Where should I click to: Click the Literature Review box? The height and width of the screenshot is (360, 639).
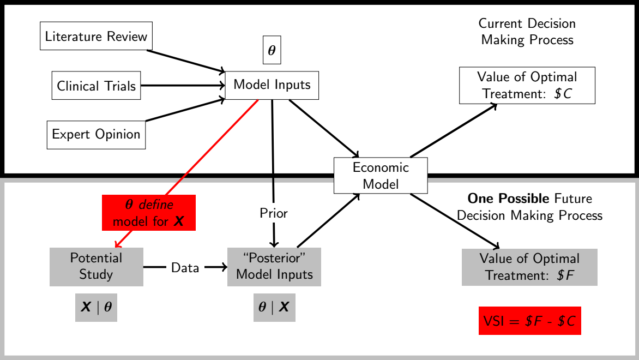[x=97, y=36]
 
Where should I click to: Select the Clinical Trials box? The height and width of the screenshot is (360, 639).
[x=97, y=85]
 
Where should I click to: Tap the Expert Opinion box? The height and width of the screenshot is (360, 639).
[x=96, y=134]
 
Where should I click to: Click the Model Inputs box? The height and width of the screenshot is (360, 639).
[x=272, y=85]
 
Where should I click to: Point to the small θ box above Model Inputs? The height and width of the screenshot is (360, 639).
[x=272, y=51]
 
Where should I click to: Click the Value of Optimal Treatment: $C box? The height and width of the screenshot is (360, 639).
[x=527, y=85]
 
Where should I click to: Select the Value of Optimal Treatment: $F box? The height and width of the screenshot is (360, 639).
[x=529, y=267]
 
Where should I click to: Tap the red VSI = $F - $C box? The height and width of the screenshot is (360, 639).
[x=529, y=321]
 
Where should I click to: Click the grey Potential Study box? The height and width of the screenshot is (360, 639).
[x=96, y=266]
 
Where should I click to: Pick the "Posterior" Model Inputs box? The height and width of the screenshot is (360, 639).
[x=274, y=266]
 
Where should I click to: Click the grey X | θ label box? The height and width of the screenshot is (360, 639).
[x=96, y=308]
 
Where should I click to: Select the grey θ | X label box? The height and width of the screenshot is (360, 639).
[x=274, y=308]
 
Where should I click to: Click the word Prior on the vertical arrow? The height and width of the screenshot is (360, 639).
[x=273, y=213]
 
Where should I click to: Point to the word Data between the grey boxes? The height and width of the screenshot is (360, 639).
[x=185, y=267]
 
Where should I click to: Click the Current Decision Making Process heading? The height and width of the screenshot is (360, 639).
[x=527, y=32]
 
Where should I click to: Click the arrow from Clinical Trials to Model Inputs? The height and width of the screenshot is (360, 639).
[x=183, y=85]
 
